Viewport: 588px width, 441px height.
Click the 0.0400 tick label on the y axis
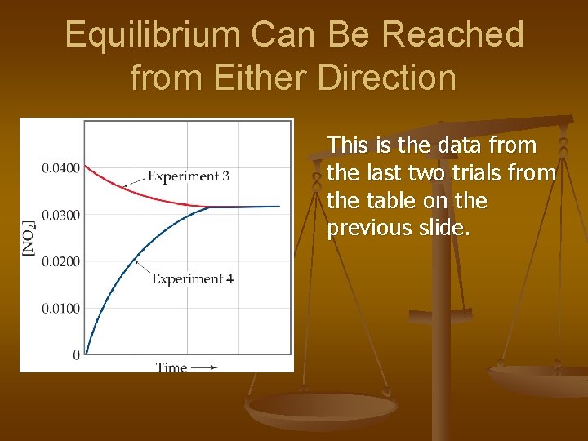(x=60, y=168)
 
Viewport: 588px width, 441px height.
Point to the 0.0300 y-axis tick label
(x=60, y=215)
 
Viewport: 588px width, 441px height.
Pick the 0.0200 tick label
(x=60, y=261)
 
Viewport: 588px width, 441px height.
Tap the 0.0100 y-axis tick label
(x=60, y=308)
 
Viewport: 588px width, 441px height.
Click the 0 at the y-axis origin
(x=76, y=354)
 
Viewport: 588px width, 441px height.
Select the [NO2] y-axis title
(x=29, y=238)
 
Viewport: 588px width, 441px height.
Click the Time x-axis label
(x=171, y=367)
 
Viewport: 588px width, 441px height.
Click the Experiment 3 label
(x=188, y=176)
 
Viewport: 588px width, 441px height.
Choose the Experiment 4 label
(x=193, y=278)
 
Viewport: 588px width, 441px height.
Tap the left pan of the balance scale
(x=321, y=406)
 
